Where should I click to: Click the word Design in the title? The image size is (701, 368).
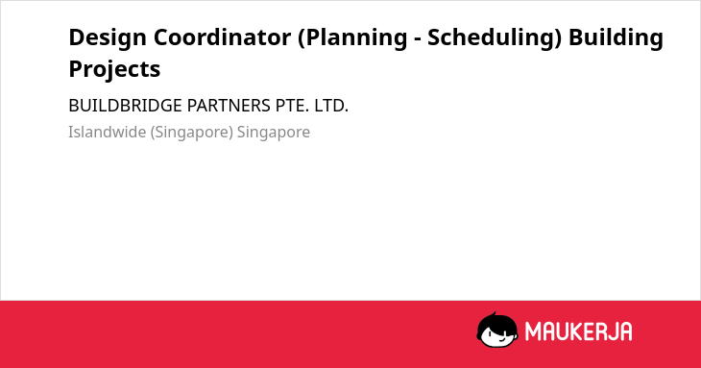[108, 38]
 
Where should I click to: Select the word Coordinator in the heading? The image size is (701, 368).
[222, 37]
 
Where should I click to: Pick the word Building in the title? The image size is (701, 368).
[616, 38]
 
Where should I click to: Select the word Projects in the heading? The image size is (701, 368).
[114, 70]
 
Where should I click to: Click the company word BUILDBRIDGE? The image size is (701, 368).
[125, 106]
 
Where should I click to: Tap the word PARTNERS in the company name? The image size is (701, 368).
[229, 106]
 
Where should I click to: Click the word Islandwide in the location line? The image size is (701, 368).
[107, 133]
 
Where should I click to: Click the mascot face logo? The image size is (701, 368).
[497, 331]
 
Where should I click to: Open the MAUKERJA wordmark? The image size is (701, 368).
[578, 331]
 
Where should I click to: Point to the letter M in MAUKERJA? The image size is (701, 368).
[533, 331]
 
